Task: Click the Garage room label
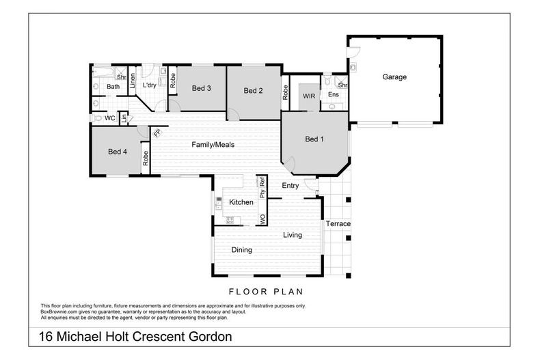point(394,77)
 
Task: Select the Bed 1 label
point(313,139)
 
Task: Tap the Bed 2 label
point(253,91)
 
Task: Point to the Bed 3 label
point(200,88)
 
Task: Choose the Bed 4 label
point(118,152)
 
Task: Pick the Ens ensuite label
point(333,94)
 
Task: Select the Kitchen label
point(241,202)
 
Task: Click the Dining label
point(241,250)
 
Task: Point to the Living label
point(293,235)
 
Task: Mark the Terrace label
point(338,224)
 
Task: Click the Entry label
point(291,185)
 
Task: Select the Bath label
point(113,87)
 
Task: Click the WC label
point(109,118)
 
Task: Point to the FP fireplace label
point(156,133)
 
